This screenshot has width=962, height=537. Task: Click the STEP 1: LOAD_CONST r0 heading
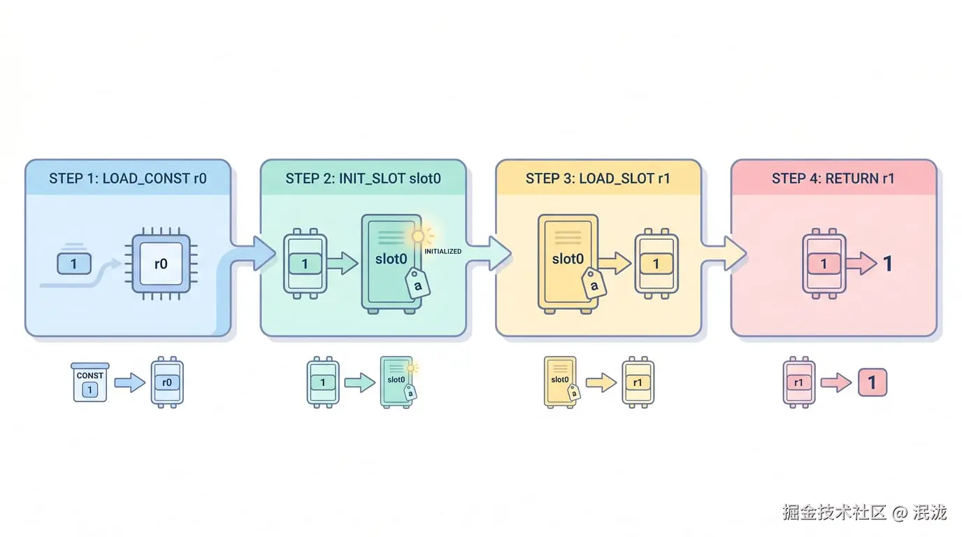(x=127, y=178)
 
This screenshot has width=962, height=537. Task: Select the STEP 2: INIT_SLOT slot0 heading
(x=363, y=178)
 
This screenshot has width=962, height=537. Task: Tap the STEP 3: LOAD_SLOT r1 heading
(x=598, y=178)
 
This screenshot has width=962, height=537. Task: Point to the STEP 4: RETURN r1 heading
(x=833, y=178)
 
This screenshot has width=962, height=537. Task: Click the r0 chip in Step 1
(x=161, y=264)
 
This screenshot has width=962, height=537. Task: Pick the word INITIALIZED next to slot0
(x=443, y=251)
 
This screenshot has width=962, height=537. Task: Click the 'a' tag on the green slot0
(x=417, y=284)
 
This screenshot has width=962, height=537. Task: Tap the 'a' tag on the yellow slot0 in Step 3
(x=594, y=284)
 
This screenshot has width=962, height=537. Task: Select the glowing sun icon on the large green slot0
(x=418, y=236)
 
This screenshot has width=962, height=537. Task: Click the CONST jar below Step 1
(x=89, y=382)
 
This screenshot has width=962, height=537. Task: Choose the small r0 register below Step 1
(x=167, y=382)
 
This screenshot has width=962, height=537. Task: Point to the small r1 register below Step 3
(x=638, y=382)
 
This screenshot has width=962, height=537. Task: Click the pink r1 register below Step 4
(x=799, y=382)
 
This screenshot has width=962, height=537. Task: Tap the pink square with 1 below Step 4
(x=873, y=382)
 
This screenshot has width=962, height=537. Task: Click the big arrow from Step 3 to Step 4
(x=724, y=253)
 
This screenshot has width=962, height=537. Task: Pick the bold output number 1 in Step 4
(x=888, y=264)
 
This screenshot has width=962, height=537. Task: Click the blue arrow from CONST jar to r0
(x=130, y=382)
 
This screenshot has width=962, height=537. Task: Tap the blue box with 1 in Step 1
(x=74, y=264)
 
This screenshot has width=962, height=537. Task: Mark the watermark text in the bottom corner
(x=864, y=512)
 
